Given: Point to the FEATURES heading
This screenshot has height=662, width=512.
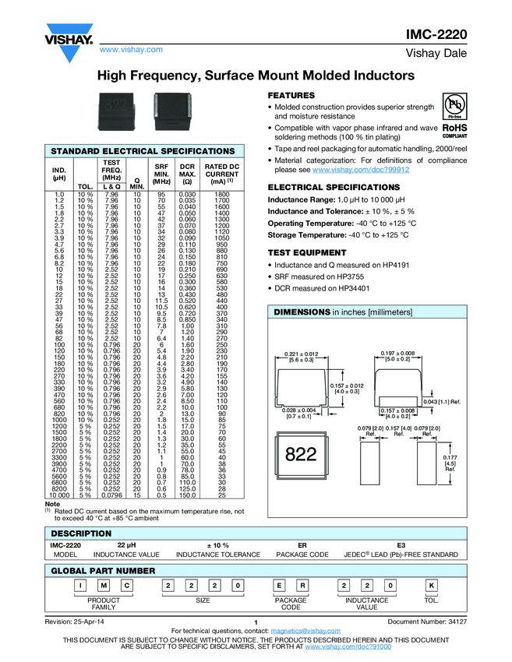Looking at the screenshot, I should coord(291,94).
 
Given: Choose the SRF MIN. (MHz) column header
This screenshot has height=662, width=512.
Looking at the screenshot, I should coord(162,173).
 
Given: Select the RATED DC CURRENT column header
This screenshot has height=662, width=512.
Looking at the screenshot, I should coord(222,173).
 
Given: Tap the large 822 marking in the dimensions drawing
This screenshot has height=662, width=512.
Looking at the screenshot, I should coord(300,455).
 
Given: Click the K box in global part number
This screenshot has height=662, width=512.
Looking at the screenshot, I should coord(431,585).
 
